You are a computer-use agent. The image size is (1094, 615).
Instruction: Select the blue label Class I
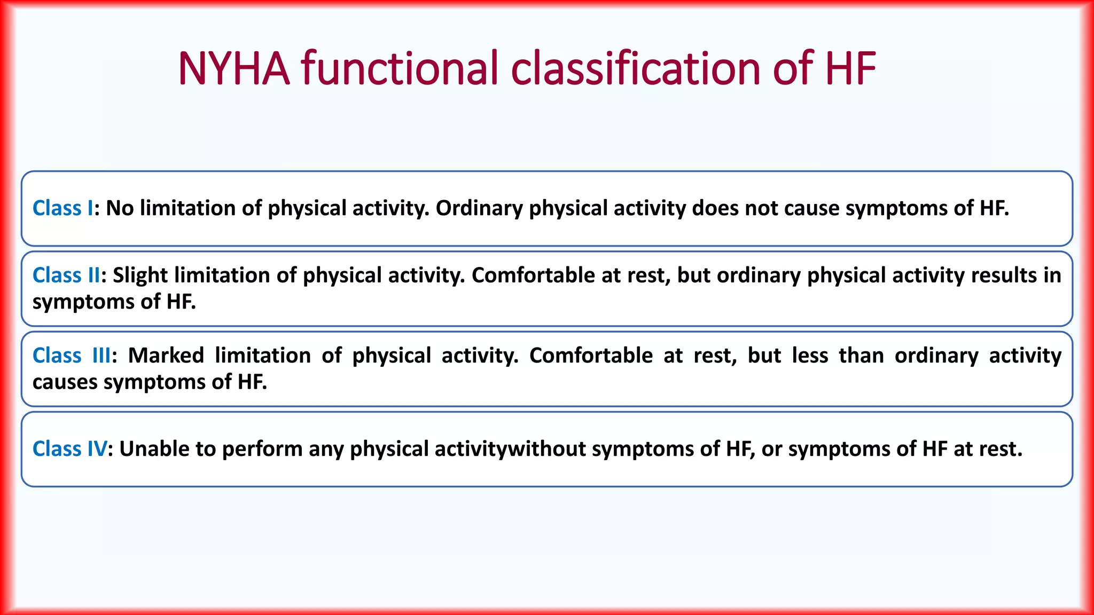(x=63, y=208)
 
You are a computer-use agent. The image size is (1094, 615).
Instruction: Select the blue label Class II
(x=66, y=275)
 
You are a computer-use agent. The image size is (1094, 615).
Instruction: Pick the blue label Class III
(x=72, y=356)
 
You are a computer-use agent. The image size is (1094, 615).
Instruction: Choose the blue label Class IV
(x=69, y=449)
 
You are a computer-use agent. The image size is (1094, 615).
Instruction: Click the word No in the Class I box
(x=120, y=208)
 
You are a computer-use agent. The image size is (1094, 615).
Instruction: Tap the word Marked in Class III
(x=166, y=356)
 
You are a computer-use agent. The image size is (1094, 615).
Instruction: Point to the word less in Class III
(x=810, y=356)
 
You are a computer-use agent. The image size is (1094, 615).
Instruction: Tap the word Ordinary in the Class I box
(x=479, y=208)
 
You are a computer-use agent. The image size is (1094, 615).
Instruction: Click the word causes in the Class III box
(x=65, y=382)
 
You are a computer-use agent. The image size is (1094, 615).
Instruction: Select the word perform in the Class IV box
(x=262, y=449)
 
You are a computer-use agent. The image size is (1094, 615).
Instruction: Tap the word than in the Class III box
(x=861, y=356)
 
